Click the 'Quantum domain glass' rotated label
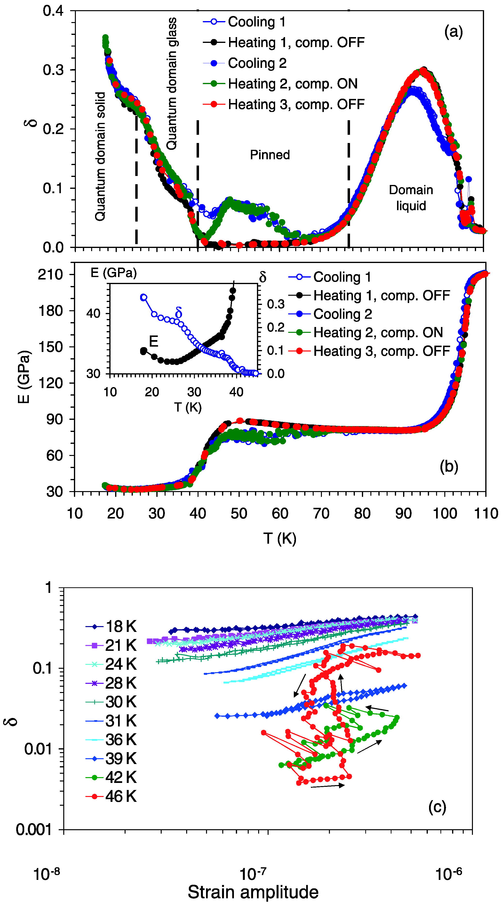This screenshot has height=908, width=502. tap(172, 84)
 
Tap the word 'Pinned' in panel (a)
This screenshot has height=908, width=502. tap(270, 155)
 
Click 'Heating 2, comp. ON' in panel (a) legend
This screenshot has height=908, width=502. tap(292, 84)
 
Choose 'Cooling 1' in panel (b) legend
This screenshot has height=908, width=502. tap(342, 277)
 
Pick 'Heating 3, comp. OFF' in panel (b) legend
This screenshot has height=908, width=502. tap(382, 351)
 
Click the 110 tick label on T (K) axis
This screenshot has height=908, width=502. tap(486, 514)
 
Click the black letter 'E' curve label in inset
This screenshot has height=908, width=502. tap(153, 341)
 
